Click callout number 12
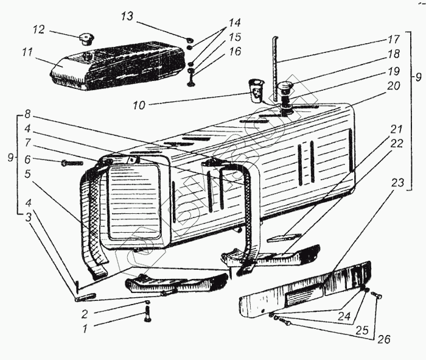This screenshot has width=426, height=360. [x=39, y=29]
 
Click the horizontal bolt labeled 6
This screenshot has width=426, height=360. [x=72, y=163]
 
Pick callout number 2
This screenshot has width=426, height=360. [x=86, y=314]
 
